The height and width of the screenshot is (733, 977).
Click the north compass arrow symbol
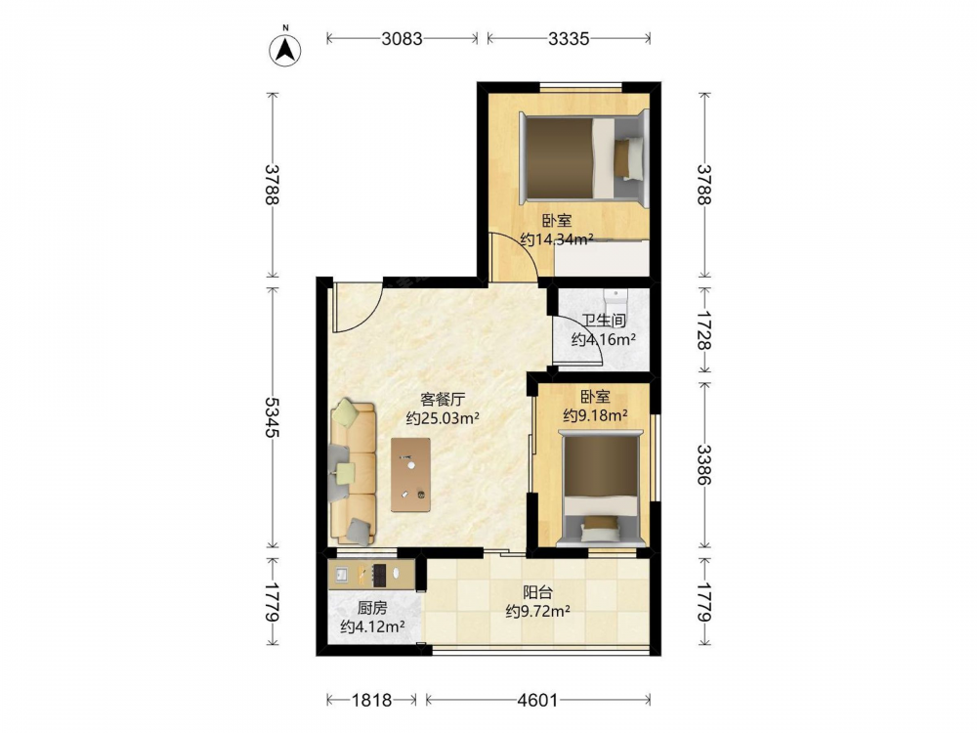(x=285, y=49)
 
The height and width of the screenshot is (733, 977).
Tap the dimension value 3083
(x=402, y=39)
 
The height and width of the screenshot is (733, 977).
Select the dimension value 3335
(x=569, y=39)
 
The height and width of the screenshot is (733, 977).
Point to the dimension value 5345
(x=271, y=417)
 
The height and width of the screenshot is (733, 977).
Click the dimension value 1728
(x=704, y=330)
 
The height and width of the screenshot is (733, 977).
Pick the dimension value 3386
(x=704, y=464)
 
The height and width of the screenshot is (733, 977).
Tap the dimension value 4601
(x=537, y=700)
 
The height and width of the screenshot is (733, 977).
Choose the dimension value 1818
(x=372, y=700)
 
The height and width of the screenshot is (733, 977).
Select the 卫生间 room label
(x=604, y=321)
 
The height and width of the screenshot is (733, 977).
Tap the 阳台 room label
(x=537, y=592)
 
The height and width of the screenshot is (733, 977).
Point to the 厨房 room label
(x=372, y=608)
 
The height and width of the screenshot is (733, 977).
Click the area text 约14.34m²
(x=557, y=239)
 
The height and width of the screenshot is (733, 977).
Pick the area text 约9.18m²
(x=595, y=415)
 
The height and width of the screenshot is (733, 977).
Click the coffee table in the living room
(x=410, y=475)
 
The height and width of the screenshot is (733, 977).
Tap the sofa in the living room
(x=353, y=472)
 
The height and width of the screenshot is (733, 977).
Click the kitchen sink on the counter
(x=342, y=575)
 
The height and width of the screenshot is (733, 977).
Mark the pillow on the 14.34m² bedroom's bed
(x=628, y=159)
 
